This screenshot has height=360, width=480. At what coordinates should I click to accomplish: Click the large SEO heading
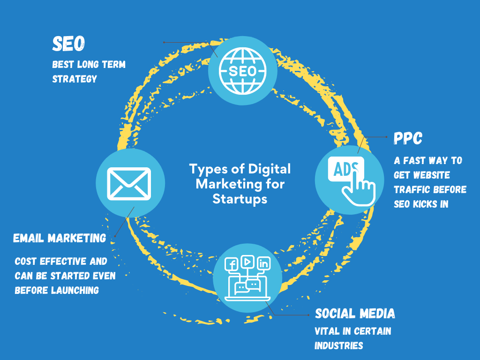click(68, 44)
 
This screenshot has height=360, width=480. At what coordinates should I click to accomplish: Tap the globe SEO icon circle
click(242, 71)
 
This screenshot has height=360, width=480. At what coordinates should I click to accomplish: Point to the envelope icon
click(129, 183)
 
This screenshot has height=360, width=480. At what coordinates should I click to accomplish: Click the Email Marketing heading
click(60, 238)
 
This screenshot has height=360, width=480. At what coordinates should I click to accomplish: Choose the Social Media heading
click(355, 313)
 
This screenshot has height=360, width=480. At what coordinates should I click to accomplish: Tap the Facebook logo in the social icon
click(232, 264)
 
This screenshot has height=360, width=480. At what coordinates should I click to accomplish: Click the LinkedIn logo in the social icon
click(264, 264)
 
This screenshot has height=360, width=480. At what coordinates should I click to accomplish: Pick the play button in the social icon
click(247, 260)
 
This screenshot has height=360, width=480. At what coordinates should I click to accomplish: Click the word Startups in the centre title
click(240, 199)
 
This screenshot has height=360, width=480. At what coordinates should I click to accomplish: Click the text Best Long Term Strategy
click(89, 71)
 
